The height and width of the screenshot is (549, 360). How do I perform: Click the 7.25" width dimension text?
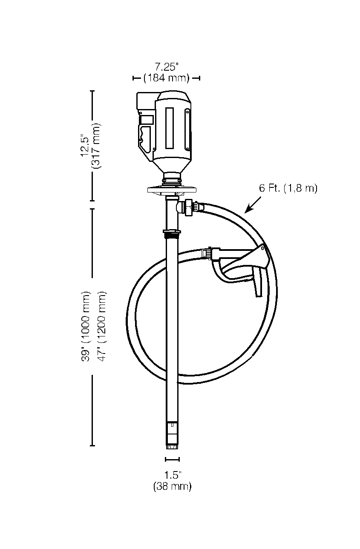coord(166,66)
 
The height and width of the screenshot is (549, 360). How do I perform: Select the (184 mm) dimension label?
coord(166,78)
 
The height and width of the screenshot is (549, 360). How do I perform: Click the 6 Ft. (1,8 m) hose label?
coord(288,188)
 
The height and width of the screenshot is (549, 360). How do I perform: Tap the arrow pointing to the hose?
coord(252,205)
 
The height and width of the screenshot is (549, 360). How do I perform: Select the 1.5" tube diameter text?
coord(173,474)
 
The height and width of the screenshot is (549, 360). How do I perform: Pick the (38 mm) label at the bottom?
coord(173,486)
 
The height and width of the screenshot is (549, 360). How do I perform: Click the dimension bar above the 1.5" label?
coord(173,459)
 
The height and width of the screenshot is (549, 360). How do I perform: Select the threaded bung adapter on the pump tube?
coord(171,233)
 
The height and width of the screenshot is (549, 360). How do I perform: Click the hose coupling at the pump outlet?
coord(191,207)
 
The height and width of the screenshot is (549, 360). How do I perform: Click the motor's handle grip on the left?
coord(144,136)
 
